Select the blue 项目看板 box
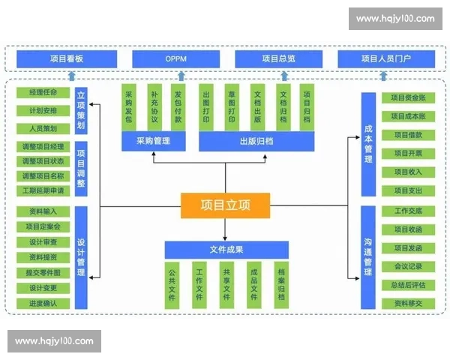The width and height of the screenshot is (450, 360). click(x=72, y=58)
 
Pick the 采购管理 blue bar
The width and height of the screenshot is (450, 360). click(x=153, y=140)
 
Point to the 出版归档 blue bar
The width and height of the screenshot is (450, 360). click(x=256, y=140)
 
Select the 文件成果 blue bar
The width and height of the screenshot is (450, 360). click(x=226, y=249)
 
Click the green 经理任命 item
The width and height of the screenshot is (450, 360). click(x=43, y=93)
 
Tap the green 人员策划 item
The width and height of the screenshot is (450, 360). click(x=43, y=128)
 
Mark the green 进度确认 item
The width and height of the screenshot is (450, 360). click(x=43, y=303)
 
